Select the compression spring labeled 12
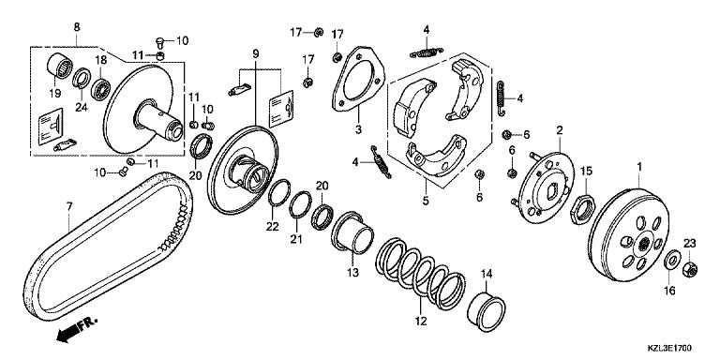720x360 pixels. [420, 273]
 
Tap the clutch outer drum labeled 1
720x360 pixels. [629, 234]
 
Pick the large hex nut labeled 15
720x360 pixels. [583, 209]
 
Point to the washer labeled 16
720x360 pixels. [672, 261]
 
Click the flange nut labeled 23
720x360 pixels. [690, 269]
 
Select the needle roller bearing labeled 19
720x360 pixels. [59, 67]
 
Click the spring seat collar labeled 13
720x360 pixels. [352, 232]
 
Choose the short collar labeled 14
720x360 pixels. [486, 310]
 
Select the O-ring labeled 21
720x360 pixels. [300, 204]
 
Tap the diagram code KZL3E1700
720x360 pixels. [669, 349]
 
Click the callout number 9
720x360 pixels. [255, 53]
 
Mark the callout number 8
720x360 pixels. [77, 27]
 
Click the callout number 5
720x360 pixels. [426, 201]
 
